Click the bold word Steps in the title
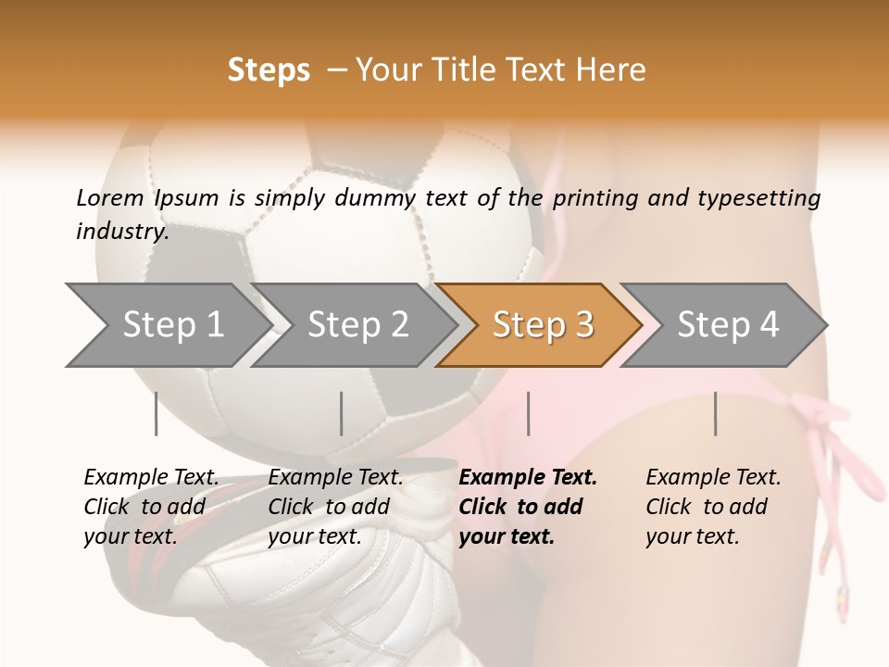point(269,70)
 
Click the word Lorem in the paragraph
point(109,197)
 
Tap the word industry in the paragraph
point(121,232)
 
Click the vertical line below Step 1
point(157,413)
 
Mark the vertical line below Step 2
point(342,413)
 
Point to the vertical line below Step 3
point(528,413)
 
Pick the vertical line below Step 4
point(715,413)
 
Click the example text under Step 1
point(151,507)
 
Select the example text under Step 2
point(335,507)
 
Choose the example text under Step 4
point(713,507)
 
